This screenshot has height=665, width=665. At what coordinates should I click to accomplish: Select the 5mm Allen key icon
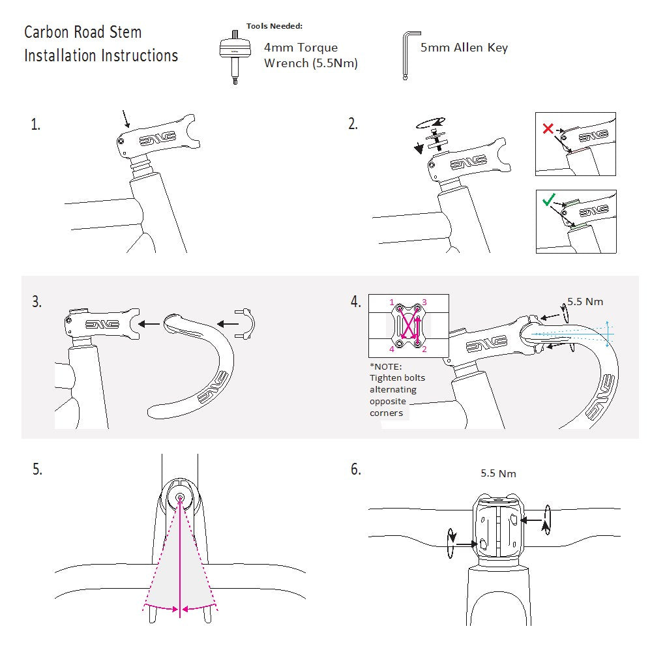[x=409, y=56]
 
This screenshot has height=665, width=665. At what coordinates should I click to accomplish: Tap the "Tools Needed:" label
[x=274, y=26]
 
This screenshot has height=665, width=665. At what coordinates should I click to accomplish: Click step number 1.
[x=35, y=125]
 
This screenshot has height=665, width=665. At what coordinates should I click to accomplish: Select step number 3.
[x=37, y=302]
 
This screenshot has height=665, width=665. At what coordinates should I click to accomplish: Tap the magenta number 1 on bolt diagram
[x=392, y=303]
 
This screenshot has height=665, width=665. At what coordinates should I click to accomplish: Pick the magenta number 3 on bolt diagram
[x=424, y=303]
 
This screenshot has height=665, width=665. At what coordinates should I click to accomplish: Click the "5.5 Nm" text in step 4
[x=585, y=302]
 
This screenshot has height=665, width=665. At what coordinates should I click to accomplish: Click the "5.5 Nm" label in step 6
[x=498, y=473]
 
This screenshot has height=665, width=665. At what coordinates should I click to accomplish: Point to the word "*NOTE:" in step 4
[x=385, y=366]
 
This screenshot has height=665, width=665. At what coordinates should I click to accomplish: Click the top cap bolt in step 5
[x=180, y=498]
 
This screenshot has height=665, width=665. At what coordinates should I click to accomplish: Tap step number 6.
[x=355, y=469]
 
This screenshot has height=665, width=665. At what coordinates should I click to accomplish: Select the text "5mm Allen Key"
[x=464, y=48]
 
